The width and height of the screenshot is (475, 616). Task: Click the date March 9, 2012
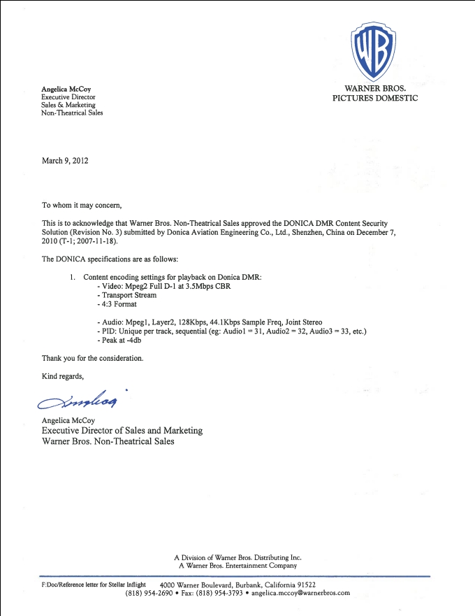click(x=65, y=161)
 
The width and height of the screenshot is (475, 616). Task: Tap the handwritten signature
click(x=78, y=401)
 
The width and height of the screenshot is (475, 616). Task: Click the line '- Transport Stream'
click(x=126, y=295)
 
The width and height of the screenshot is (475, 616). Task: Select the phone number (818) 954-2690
click(x=149, y=593)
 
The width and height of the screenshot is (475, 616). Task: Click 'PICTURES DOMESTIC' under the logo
click(x=374, y=99)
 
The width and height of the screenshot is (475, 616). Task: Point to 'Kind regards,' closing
click(x=62, y=376)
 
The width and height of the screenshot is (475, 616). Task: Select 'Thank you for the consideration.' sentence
click(x=92, y=358)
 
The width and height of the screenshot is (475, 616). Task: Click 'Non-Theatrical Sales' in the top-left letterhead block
click(x=72, y=113)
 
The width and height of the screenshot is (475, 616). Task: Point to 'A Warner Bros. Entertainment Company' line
click(x=237, y=566)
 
